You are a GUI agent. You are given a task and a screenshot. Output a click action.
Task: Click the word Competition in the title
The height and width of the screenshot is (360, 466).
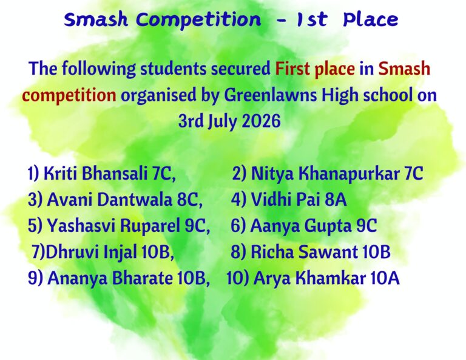[x=198, y=20]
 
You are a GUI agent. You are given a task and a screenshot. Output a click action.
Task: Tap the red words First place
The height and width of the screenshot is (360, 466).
[x=315, y=69]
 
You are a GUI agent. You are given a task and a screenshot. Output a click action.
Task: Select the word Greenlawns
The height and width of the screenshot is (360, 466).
[x=270, y=95]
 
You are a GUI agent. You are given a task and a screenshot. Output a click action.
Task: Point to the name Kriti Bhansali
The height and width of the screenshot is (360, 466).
[x=96, y=173]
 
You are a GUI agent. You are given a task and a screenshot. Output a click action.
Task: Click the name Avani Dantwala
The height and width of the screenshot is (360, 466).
[x=109, y=200]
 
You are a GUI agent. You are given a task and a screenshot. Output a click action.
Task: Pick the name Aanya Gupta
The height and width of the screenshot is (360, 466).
[x=301, y=226]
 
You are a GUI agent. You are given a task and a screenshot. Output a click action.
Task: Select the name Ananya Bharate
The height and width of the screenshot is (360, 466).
[x=110, y=278]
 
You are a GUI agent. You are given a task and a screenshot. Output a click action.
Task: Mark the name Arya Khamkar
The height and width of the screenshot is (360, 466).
[x=309, y=278]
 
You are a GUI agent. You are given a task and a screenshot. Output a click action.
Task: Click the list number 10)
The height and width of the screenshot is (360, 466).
[x=238, y=278]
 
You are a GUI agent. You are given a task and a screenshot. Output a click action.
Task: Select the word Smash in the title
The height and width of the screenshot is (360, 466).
[x=96, y=20]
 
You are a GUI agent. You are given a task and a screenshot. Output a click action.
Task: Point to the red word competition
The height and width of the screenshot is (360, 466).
[x=69, y=96]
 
